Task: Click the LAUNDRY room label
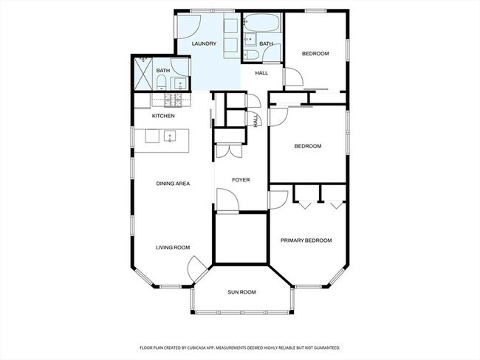(x=204, y=44)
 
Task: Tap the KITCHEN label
(x=163, y=116)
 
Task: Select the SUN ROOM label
(x=241, y=292)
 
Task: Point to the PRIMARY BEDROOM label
(x=306, y=240)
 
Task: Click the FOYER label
(x=241, y=180)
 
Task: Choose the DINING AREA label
(x=173, y=184)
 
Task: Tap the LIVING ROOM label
(x=173, y=247)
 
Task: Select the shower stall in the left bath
(x=143, y=74)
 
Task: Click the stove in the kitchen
(x=173, y=100)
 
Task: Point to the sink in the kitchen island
(x=170, y=136)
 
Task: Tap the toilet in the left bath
(x=161, y=83)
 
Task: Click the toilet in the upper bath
(x=252, y=55)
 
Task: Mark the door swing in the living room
(x=195, y=269)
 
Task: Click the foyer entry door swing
(x=227, y=199)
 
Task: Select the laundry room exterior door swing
(x=189, y=27)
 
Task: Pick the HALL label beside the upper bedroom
(x=261, y=73)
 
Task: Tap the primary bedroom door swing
(x=278, y=200)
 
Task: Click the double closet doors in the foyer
(x=229, y=151)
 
